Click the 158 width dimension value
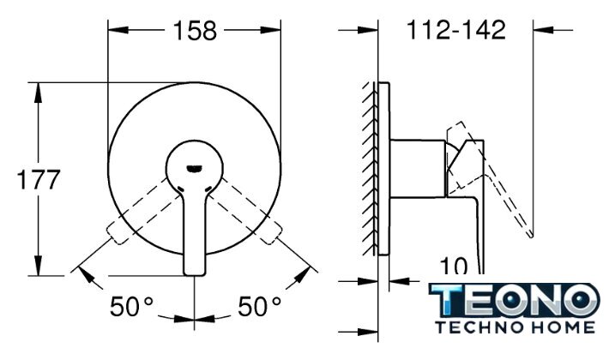point(195,31)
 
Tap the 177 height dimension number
point(39,179)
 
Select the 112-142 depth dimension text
point(456,30)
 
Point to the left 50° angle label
point(132,306)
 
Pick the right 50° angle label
point(259,306)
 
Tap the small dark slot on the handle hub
point(194,168)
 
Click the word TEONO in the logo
point(515,299)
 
